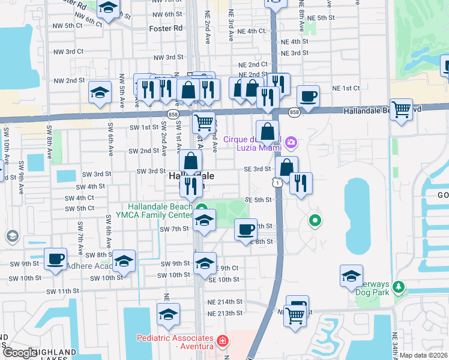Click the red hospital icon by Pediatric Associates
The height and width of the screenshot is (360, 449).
223,341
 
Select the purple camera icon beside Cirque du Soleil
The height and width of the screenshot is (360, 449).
291,142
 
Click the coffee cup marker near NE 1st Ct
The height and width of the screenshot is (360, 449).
308,97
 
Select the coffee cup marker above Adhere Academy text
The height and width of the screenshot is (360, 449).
56,259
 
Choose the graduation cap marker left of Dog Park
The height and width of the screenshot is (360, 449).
351,276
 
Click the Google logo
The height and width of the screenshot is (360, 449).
19,353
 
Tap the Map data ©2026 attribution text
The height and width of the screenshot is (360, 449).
424,355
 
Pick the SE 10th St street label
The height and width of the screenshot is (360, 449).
224,280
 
